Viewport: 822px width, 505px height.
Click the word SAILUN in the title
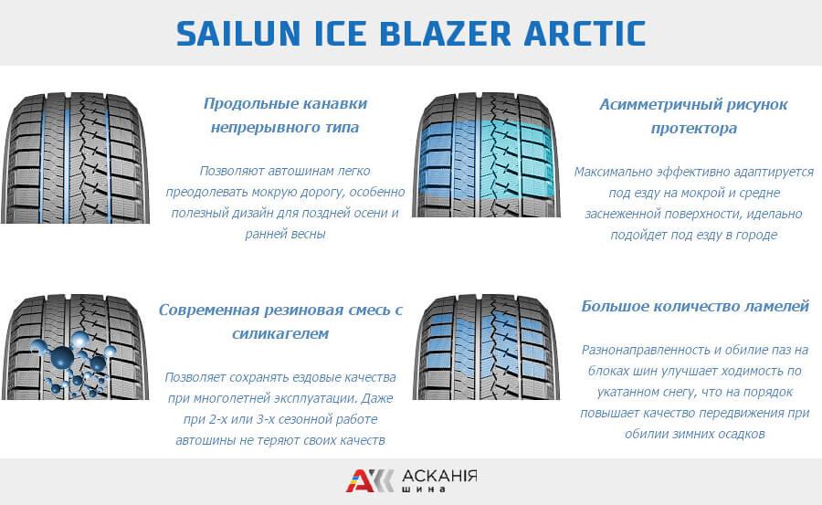pyautogui.click(x=238, y=34)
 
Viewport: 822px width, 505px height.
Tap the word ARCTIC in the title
pyautogui.click(x=585, y=34)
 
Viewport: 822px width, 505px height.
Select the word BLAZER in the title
pyautogui.click(x=445, y=34)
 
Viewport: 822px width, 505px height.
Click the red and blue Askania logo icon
pyautogui.click(x=369, y=481)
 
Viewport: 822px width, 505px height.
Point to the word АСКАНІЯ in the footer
pyautogui.click(x=439, y=476)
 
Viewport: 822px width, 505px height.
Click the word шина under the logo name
pyautogui.click(x=424, y=489)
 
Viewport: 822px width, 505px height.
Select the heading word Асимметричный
pyautogui.click(x=658, y=104)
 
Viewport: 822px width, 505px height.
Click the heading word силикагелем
pyautogui.click(x=280, y=333)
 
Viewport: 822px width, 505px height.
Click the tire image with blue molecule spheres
pyautogui.click(x=75, y=347)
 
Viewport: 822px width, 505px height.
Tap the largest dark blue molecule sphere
pyautogui.click(x=62, y=356)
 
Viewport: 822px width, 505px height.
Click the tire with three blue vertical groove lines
pyautogui.click(x=75, y=157)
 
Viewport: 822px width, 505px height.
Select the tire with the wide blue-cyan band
pyautogui.click(x=486, y=154)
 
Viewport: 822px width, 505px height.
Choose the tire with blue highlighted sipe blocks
pyautogui.click(x=486, y=347)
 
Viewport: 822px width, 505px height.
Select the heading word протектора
pyautogui.click(x=694, y=129)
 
